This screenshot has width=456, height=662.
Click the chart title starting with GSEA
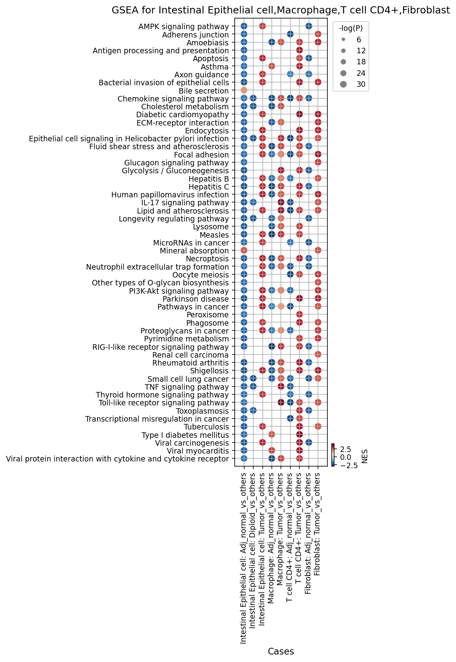click(x=280, y=10)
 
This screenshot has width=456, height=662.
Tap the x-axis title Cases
click(x=280, y=651)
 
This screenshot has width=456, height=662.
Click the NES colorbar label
click(x=365, y=456)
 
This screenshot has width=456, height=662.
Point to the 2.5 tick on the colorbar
click(x=346, y=449)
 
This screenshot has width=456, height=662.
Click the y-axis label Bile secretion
click(x=204, y=91)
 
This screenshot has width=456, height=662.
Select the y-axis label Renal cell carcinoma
click(x=191, y=354)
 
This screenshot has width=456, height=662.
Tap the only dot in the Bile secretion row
click(x=244, y=90)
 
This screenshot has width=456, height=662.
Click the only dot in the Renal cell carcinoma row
click(x=318, y=354)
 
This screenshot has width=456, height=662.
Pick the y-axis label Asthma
click(x=215, y=67)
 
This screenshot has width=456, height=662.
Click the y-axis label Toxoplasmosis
click(x=202, y=411)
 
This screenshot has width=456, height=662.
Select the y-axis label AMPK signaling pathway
click(x=184, y=26)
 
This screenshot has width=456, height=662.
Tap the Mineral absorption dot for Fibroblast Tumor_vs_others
click(x=318, y=250)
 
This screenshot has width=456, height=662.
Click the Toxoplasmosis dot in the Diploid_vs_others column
click(x=253, y=410)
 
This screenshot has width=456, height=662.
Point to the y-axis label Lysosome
click(x=211, y=227)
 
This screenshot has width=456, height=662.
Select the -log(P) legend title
click(x=351, y=28)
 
